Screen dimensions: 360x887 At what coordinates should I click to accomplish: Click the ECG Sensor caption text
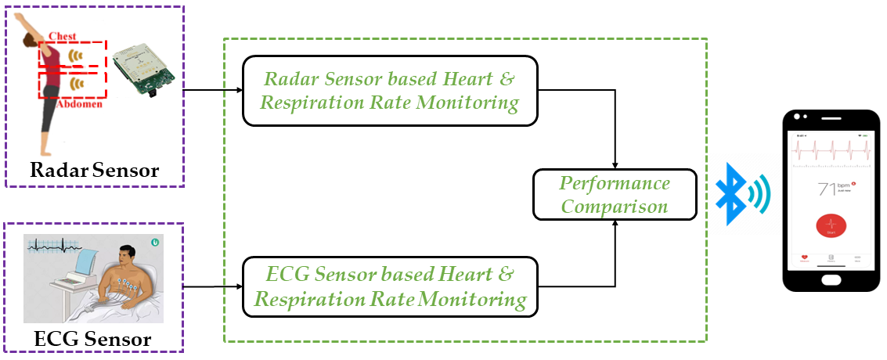click(x=92, y=340)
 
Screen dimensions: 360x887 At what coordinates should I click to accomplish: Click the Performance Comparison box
click(x=615, y=195)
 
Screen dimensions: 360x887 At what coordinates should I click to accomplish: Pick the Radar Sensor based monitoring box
click(x=390, y=91)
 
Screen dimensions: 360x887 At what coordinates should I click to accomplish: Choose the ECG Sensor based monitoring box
click(x=390, y=286)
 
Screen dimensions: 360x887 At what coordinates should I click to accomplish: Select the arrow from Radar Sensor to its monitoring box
click(x=212, y=90)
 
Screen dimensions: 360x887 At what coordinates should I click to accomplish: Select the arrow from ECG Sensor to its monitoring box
click(x=212, y=286)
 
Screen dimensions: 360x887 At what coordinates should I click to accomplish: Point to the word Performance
click(x=615, y=184)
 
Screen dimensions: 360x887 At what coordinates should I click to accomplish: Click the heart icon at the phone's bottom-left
click(x=805, y=257)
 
